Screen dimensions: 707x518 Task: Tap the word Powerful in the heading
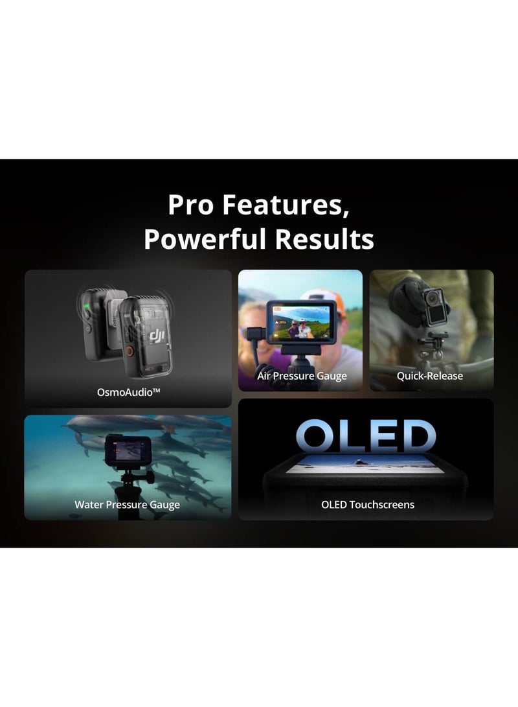coord(205,238)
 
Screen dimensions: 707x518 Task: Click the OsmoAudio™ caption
coord(128,391)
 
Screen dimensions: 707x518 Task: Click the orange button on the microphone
coord(129,351)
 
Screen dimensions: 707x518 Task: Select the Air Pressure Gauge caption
coord(302,376)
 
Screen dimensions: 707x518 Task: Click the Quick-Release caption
coord(430,376)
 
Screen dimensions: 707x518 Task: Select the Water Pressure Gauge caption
coord(128,504)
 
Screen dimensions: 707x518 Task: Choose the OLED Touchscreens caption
coord(368,504)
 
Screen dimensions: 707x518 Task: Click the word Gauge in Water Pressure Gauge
coord(165,504)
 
